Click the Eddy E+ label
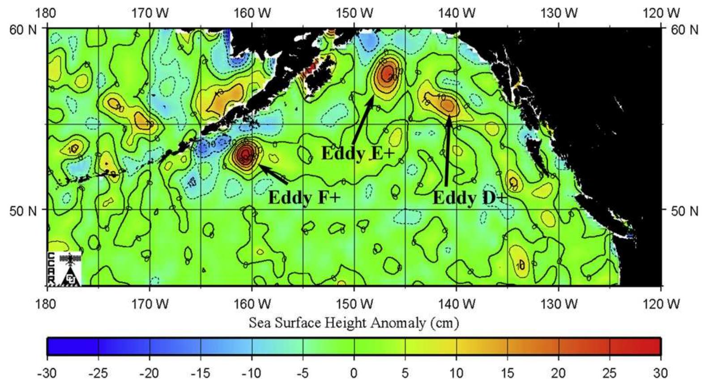358,153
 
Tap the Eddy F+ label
304,197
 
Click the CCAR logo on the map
64,269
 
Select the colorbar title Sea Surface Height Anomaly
354,322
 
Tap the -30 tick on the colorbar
47,372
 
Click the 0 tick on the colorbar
354,372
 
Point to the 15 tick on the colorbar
507,372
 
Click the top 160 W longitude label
252,13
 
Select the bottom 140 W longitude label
457,304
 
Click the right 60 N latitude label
684,29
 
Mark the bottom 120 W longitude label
661,304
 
